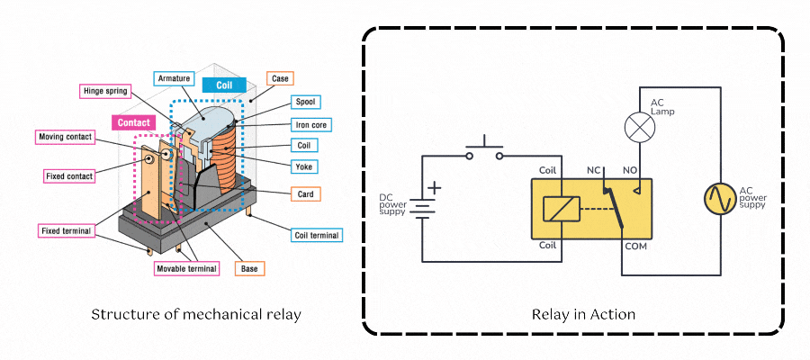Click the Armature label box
coord(174,79)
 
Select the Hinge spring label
coord(106,91)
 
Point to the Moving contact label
coord(65,137)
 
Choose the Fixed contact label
coord(69,175)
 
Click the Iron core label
coord(308,124)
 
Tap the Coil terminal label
coord(318,236)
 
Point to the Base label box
coord(249,267)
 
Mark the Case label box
coord(279,79)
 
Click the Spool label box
coord(306,102)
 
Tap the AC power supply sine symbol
coord(720,198)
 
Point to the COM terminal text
coord(636,246)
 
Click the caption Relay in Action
coord(583,315)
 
